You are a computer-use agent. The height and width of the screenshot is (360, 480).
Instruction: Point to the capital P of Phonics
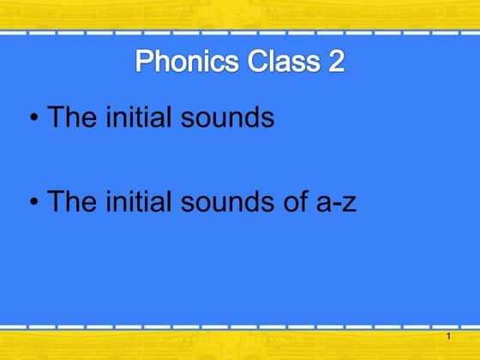tap(145, 63)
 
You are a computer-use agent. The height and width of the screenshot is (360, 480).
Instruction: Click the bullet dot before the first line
tap(34, 118)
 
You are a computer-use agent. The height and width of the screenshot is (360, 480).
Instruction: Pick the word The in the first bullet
tap(71, 117)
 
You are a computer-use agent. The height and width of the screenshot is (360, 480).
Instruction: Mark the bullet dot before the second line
tap(34, 203)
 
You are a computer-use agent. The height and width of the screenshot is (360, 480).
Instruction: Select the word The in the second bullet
tap(71, 201)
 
